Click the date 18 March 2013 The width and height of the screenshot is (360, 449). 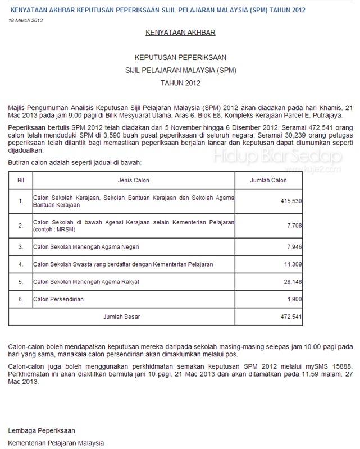point(26,20)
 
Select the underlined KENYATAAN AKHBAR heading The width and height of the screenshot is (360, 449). point(180,33)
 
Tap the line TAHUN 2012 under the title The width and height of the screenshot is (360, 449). point(180,83)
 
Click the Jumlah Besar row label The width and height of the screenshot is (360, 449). point(122,317)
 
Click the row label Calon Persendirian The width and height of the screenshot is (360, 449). point(58,299)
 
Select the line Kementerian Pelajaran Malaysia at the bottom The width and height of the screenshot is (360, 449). point(56,443)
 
